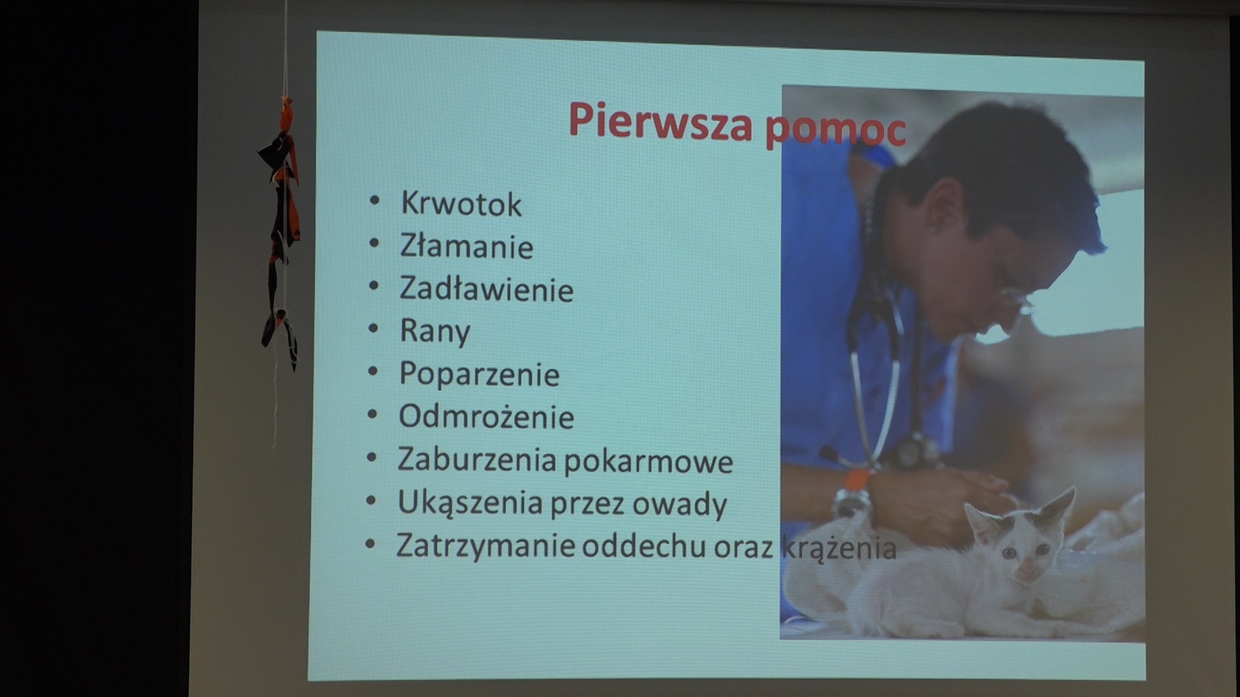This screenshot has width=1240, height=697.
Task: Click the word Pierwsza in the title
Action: pos(660,121)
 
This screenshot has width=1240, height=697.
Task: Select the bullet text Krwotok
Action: pos(461,203)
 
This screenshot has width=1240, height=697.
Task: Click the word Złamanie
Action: pos(466,246)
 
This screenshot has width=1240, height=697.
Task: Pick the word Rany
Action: pos(435,332)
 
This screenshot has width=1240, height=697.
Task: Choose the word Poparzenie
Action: pos(479,374)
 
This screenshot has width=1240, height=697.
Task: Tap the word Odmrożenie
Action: pos(486,417)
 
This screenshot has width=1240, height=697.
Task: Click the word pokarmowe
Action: pos(648,461)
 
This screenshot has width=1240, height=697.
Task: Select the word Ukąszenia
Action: pos(470,503)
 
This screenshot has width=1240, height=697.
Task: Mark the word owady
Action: pos(679,504)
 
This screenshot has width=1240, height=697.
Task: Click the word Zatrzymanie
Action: pos(486,546)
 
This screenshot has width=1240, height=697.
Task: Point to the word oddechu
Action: pos(644,547)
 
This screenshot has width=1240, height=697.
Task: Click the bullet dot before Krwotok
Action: pos(375,201)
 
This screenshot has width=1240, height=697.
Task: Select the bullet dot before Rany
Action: pos(373,328)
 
